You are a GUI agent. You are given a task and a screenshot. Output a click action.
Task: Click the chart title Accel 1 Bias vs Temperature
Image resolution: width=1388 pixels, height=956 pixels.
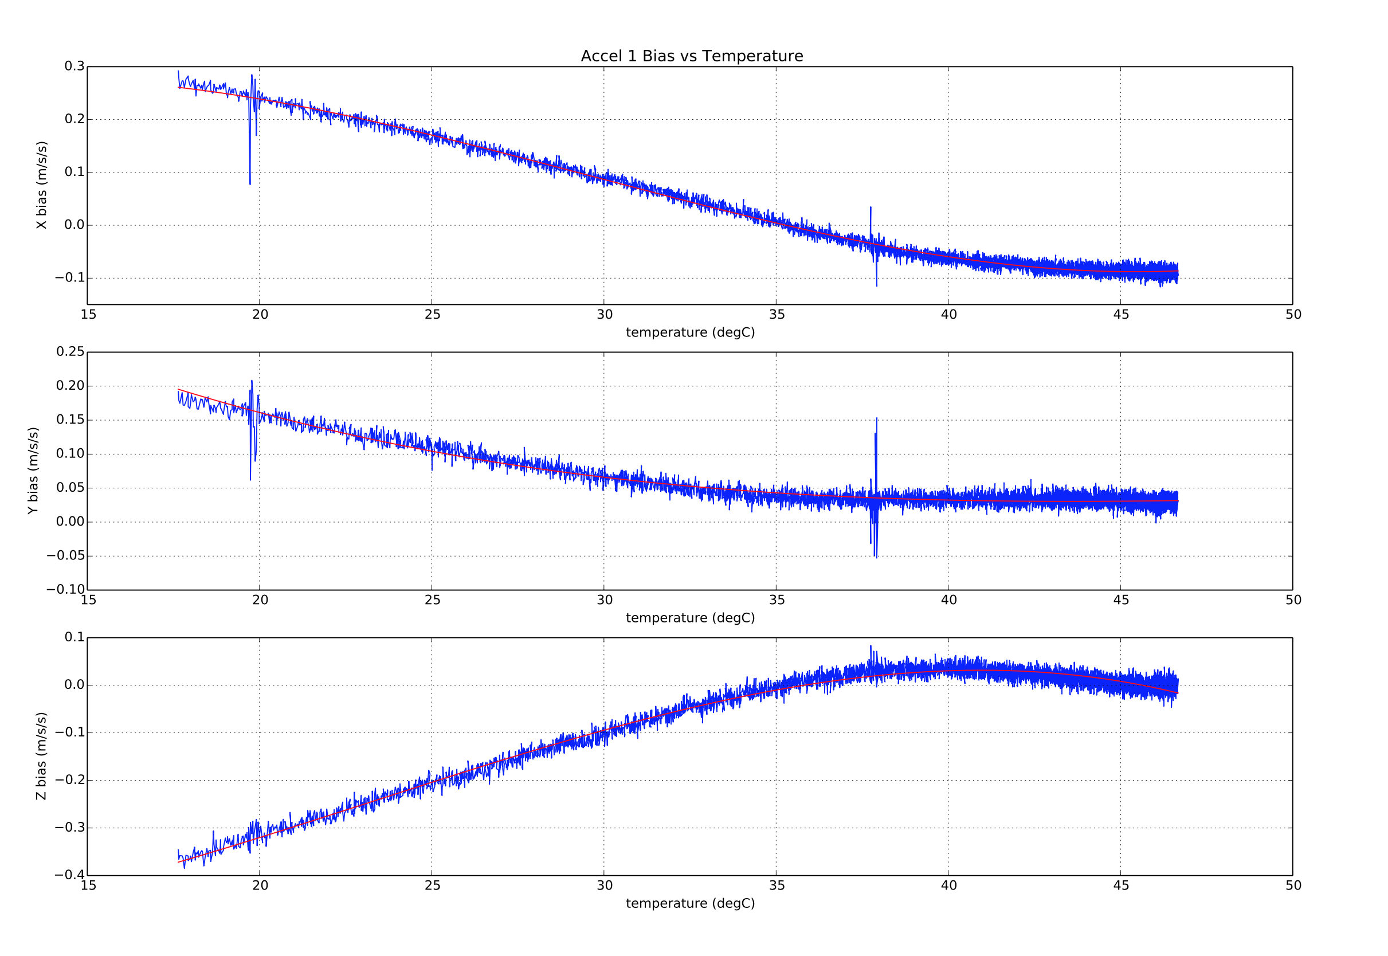[x=692, y=56]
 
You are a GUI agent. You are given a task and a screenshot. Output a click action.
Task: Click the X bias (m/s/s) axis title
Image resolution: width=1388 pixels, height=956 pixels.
[x=41, y=185]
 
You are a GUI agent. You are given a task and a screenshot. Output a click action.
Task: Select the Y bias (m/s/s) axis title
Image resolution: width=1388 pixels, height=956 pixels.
[x=33, y=470]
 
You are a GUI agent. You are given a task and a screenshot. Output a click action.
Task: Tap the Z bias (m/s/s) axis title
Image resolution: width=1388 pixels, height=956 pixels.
[x=41, y=756]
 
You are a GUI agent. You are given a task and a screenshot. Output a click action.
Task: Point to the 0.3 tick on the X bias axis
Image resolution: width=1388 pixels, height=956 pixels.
[x=75, y=66]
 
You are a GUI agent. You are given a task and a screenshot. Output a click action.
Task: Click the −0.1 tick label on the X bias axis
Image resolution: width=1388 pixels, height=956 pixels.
[x=70, y=278]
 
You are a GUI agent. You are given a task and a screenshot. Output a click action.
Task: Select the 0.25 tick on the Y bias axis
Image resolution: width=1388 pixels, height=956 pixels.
[x=70, y=351]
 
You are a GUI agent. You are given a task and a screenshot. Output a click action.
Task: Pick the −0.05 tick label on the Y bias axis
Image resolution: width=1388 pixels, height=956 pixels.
[x=66, y=556]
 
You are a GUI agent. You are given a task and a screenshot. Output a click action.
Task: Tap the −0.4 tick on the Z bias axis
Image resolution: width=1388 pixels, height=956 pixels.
[x=70, y=875]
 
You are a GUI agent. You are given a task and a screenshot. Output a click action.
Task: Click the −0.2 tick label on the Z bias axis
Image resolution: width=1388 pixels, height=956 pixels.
[x=70, y=780]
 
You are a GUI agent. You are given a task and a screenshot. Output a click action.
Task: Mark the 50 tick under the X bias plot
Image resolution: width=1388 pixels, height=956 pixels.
[x=1293, y=315]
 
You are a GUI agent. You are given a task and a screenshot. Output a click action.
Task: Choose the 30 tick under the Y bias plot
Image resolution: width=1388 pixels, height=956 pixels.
[x=604, y=600]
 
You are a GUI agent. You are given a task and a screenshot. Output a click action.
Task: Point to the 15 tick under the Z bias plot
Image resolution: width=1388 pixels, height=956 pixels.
[x=89, y=886]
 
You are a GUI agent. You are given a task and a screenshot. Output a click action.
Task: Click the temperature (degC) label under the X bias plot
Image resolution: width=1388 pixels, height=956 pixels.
[x=690, y=332]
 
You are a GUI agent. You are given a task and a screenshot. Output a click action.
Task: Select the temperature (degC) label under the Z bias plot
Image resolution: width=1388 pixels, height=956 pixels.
[x=690, y=903]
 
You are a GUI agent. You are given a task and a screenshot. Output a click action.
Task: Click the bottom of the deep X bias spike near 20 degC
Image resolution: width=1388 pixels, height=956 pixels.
[x=250, y=183]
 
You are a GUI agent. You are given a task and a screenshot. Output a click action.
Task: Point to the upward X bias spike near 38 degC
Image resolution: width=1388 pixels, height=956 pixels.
[x=871, y=208]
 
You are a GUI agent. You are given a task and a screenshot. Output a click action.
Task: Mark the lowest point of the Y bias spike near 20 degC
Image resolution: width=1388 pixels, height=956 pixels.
[x=250, y=479]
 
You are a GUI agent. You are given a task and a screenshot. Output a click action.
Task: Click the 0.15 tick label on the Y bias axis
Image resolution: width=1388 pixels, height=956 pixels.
[x=70, y=420]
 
